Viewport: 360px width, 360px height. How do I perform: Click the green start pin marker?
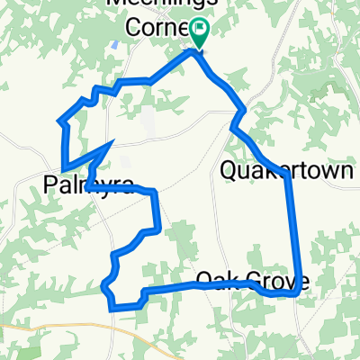[x=198, y=35]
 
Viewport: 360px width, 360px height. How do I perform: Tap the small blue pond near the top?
[x=116, y=43]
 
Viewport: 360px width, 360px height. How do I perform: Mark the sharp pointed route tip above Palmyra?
[x=111, y=142]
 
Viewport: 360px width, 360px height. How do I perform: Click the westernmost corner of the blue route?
[x=58, y=120]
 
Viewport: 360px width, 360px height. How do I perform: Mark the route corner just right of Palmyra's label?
[x=155, y=193]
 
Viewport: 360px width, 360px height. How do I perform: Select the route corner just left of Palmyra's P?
[x=64, y=167]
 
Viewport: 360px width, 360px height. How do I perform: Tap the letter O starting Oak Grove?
[x=202, y=279]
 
